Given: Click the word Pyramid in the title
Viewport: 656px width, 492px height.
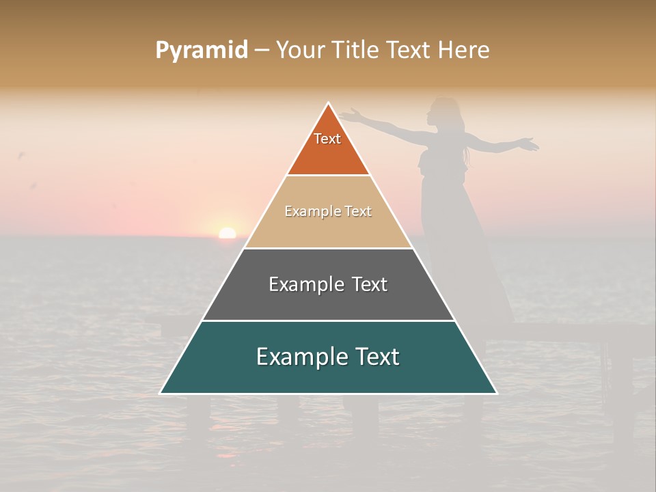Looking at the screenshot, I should [x=202, y=51].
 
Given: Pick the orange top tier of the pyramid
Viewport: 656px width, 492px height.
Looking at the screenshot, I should [x=328, y=154].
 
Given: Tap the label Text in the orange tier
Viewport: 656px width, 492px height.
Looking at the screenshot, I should [x=327, y=139].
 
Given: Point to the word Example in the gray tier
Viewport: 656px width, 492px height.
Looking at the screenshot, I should [x=299, y=284].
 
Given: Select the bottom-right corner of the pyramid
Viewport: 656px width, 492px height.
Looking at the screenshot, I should [x=496, y=393].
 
